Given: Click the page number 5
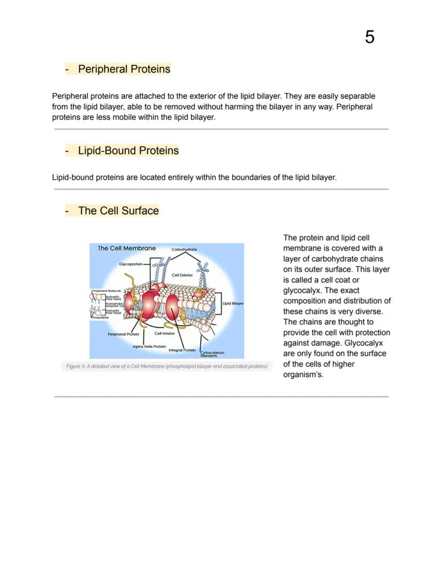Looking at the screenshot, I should click(x=369, y=37).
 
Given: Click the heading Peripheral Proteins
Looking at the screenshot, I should click(x=124, y=69).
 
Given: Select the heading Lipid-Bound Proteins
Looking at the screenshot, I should click(x=128, y=150).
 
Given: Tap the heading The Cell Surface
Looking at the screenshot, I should click(x=118, y=210).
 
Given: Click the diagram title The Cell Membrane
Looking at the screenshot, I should click(x=127, y=248).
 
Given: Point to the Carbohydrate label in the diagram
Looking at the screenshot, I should click(x=184, y=250).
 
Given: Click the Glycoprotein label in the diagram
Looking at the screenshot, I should click(x=131, y=264).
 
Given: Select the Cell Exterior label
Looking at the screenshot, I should click(x=182, y=275).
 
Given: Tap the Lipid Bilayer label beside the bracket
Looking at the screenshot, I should click(x=233, y=303).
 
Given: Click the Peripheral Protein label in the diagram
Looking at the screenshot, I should click(x=123, y=334).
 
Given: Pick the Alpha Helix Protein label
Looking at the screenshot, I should click(x=149, y=347).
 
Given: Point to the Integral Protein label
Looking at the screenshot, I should click(x=182, y=350).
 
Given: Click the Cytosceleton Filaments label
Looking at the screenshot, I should click(x=212, y=354).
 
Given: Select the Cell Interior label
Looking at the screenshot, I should click(x=165, y=333).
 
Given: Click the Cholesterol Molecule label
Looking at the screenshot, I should click(x=105, y=291).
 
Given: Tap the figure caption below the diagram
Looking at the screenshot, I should click(x=166, y=366).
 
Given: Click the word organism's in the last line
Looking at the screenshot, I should click(x=303, y=375).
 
